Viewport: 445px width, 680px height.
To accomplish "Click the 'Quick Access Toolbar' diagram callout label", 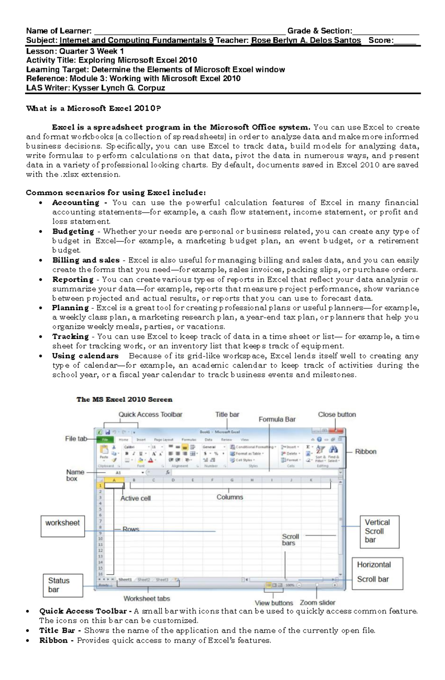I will (150, 414).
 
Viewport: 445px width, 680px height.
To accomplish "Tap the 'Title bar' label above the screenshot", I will (227, 414).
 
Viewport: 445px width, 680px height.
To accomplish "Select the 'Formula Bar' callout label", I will (277, 419).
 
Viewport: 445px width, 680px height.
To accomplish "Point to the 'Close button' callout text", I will (337, 414).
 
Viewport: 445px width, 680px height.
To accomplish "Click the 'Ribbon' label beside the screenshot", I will (365, 451).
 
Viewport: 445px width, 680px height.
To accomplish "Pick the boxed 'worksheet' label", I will (63, 523).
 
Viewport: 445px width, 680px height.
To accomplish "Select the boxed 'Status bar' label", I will (63, 585).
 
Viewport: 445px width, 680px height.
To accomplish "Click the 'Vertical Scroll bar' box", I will (379, 531).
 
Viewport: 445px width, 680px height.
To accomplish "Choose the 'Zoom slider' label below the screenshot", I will (317, 603).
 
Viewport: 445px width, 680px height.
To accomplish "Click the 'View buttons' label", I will (274, 603).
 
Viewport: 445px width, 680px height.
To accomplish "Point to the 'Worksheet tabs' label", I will (146, 598).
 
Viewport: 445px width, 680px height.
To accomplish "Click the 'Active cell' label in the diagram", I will (135, 498).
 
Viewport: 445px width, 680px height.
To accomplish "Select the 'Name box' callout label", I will (75, 475).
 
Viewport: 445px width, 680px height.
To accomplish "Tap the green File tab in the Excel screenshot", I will (105, 439).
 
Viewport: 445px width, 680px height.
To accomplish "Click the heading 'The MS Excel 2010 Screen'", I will (124, 399).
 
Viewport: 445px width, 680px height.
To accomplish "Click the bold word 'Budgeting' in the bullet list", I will (73, 232).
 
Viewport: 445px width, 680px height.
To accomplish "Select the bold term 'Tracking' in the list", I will (70, 336).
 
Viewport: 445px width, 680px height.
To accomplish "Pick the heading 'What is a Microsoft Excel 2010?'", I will (93, 109).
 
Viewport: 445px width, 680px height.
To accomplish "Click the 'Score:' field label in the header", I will (380, 40).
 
